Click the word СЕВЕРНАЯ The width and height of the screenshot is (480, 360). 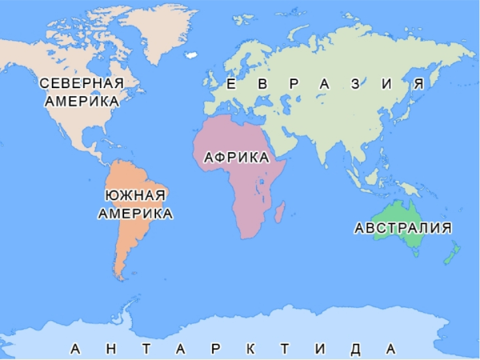click(x=82, y=84)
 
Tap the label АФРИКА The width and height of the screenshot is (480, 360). click(x=236, y=158)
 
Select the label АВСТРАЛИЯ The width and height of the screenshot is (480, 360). click(x=402, y=228)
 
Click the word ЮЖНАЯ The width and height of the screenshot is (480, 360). click(x=134, y=196)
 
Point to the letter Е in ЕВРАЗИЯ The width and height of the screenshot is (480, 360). click(x=230, y=84)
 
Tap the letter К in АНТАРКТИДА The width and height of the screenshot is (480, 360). click(x=250, y=350)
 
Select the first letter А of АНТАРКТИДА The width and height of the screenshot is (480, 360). click(x=75, y=350)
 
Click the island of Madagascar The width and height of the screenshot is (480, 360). click(x=279, y=211)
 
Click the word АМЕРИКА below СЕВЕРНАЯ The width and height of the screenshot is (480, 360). click(x=82, y=102)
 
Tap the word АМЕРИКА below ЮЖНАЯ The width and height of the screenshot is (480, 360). click(x=134, y=214)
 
